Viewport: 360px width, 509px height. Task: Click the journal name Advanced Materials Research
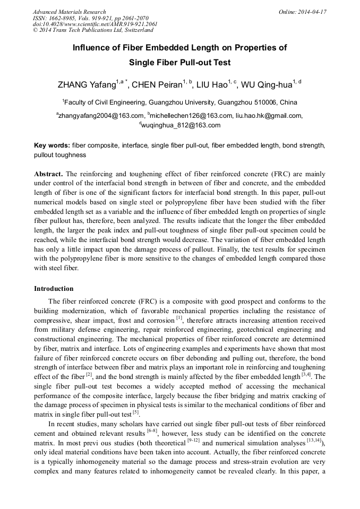click(x=70, y=12)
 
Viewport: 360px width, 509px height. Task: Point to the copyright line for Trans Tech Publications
click(x=93, y=30)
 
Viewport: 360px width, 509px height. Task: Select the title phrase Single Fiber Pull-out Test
click(x=179, y=62)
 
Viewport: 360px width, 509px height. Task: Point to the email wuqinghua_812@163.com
click(x=181, y=125)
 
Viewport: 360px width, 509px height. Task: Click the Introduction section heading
click(x=54, y=289)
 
